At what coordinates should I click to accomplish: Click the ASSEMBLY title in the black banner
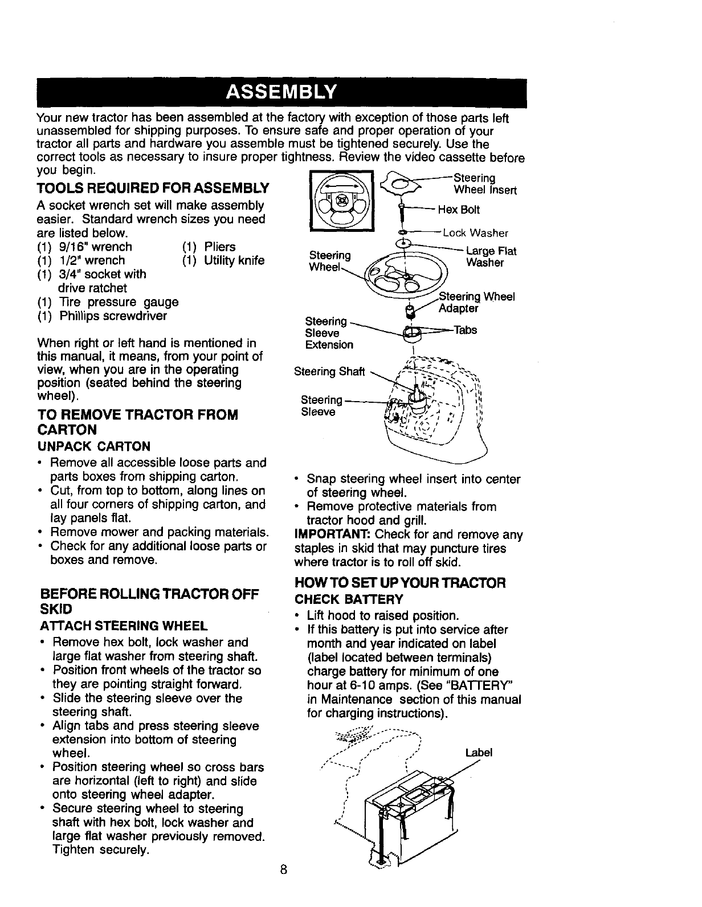click(x=281, y=92)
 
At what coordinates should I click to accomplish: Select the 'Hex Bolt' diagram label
click(x=459, y=210)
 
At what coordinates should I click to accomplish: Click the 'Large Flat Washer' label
click(x=491, y=256)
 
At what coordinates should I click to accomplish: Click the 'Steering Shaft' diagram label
click(x=329, y=372)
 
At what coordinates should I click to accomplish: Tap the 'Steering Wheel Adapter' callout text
click(x=477, y=303)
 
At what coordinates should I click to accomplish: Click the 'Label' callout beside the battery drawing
click(x=478, y=753)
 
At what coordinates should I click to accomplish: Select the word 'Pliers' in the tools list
click(x=219, y=247)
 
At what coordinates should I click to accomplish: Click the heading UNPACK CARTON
click(x=95, y=446)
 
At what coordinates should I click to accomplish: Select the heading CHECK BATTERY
click(x=349, y=599)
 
